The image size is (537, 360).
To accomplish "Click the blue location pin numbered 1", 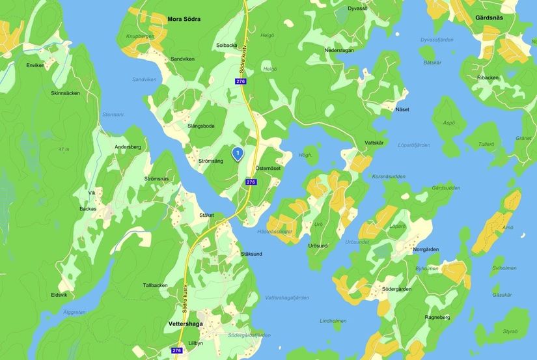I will point(238,154).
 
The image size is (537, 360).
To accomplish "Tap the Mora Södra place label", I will point(184,20).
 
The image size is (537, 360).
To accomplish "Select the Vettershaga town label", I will point(182,324).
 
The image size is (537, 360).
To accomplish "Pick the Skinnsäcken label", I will point(65,93).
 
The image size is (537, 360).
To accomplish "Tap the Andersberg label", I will point(128,147).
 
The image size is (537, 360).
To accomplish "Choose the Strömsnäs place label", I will point(156,178).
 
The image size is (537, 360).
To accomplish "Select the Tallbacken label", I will point(156,285).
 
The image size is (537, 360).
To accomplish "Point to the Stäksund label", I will point(251,254).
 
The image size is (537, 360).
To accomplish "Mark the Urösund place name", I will point(318,245).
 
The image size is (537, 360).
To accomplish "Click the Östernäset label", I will point(268,168).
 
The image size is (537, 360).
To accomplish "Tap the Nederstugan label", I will point(339,49).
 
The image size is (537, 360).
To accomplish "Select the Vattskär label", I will point(374,142).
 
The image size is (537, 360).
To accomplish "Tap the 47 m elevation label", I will point(63,150).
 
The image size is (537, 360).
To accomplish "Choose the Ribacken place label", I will point(488,77).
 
